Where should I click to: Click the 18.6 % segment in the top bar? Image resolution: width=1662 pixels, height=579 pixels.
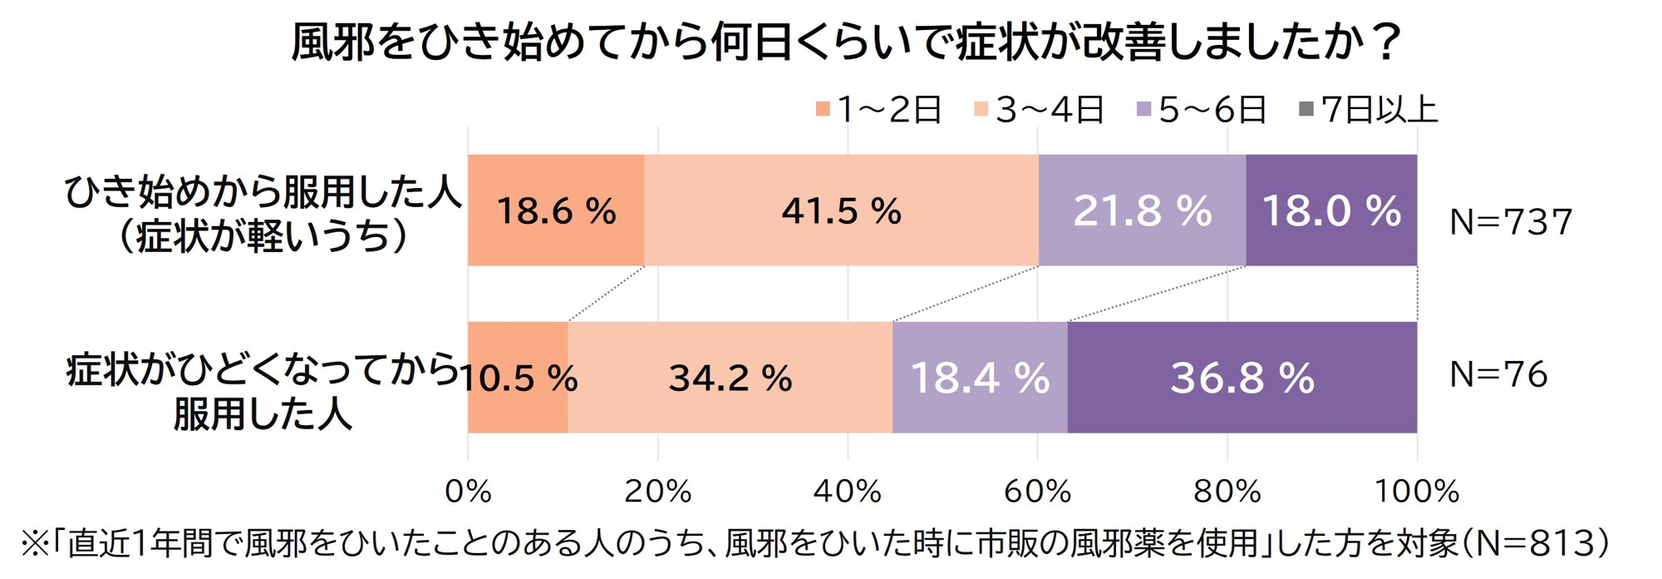(x=556, y=210)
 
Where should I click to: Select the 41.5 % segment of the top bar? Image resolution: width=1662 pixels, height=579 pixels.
(x=841, y=210)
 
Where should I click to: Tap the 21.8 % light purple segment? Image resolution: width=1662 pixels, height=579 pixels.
(x=1142, y=210)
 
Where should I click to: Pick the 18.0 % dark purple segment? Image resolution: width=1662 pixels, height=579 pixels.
(x=1331, y=210)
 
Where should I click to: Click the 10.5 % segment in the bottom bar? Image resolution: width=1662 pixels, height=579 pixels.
(x=519, y=379)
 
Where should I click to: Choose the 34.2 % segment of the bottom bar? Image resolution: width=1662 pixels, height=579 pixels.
(x=730, y=379)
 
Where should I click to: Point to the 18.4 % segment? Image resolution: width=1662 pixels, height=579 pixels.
(x=980, y=379)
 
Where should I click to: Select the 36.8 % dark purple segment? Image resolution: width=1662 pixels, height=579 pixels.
(x=1242, y=379)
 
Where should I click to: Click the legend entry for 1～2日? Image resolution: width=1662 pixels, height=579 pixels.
(x=879, y=110)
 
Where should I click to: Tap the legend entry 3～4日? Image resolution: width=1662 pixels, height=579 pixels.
(x=1040, y=110)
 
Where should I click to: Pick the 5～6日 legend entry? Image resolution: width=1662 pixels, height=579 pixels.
(x=1202, y=110)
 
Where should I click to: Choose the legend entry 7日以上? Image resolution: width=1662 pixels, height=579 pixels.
(x=1369, y=110)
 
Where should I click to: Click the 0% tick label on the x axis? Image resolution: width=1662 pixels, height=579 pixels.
(x=468, y=492)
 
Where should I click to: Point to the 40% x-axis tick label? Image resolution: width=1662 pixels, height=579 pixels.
(x=847, y=492)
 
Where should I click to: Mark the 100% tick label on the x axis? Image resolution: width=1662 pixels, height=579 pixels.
(x=1416, y=492)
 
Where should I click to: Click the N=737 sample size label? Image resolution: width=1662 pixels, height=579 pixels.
(x=1511, y=222)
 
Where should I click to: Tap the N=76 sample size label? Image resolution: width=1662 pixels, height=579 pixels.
(x=1498, y=374)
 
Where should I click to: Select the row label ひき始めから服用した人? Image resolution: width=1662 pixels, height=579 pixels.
(x=263, y=193)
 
